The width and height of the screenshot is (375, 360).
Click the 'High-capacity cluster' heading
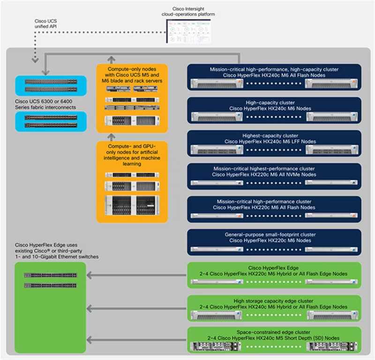pos(274,102)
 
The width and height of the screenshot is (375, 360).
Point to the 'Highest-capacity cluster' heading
pos(274,135)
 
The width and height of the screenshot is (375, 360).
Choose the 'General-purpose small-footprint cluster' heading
pos(274,235)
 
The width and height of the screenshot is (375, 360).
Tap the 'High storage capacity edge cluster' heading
pos(274,301)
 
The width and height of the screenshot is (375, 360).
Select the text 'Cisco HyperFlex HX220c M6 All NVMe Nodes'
pos(274,175)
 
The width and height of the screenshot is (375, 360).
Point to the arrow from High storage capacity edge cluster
pos(136,308)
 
